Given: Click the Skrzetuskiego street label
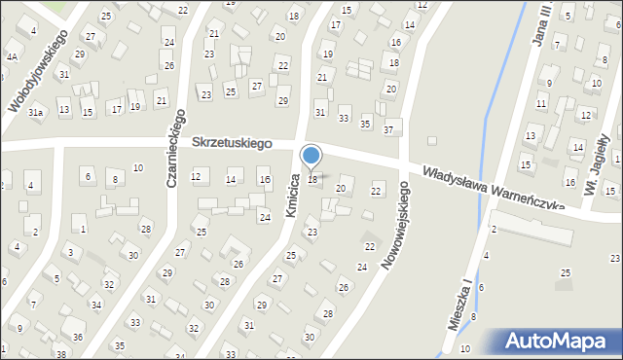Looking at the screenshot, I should [x=231, y=143].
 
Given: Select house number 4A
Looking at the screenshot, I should [x=12, y=56].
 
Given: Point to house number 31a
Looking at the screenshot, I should [x=36, y=114].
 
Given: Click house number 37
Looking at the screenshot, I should [x=388, y=130].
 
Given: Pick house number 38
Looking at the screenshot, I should [x=60, y=354].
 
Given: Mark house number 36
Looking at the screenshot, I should [x=78, y=337].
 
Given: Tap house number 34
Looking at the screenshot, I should [x=96, y=306].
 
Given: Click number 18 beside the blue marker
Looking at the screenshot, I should [x=312, y=179].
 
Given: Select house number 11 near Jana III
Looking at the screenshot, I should [x=540, y=103].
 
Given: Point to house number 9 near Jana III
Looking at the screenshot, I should [x=549, y=84].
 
